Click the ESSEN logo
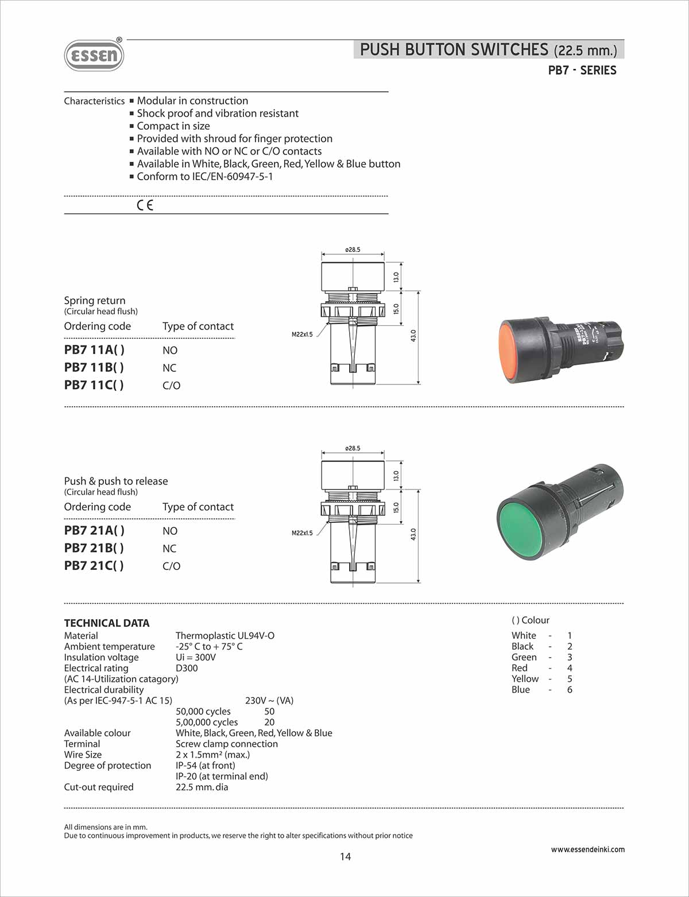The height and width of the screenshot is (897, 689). tap(94, 55)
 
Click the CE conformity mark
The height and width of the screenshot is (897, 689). tap(145, 205)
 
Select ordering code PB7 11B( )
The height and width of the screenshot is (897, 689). tap(94, 367)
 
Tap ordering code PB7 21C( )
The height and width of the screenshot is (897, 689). tap(94, 565)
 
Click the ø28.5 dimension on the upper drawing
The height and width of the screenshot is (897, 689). tap(353, 250)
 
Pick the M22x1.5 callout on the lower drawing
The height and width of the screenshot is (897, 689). tap(302, 533)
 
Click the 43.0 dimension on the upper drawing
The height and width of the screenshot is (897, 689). tap(413, 336)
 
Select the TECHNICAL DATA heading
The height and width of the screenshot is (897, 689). tap(107, 623)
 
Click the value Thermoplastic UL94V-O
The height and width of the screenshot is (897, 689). tap(225, 635)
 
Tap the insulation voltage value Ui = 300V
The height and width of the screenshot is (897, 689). tap(196, 657)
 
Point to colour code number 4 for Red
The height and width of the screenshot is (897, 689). tap(570, 668)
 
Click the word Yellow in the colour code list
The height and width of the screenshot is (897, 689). tap(525, 679)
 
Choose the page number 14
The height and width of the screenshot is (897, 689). tap(345, 856)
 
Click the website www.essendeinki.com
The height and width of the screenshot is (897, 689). tap(587, 849)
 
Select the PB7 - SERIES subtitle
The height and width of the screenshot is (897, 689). tap(582, 71)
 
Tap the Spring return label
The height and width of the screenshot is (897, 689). tap(95, 300)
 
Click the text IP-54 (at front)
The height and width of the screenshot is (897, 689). tap(206, 765)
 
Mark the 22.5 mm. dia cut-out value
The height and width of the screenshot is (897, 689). tap(202, 787)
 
